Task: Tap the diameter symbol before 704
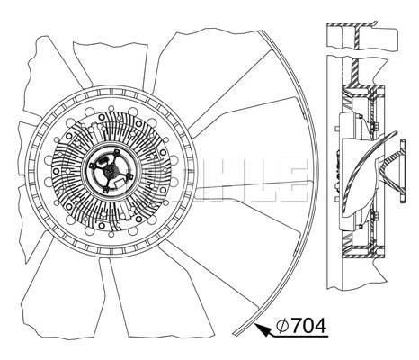(281, 325)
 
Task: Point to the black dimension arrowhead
(263, 330)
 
